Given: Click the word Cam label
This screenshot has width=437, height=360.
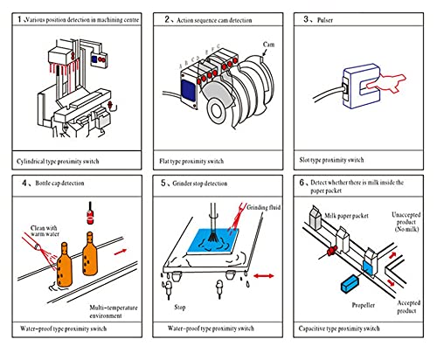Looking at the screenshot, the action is click(268, 45).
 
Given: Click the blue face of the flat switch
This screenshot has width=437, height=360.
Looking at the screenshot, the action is click(188, 90).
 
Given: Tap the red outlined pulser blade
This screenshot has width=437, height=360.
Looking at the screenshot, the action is click(386, 83).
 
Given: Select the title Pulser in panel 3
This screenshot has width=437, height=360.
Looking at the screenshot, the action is click(325, 20).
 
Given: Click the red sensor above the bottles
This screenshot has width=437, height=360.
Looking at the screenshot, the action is click(90, 214).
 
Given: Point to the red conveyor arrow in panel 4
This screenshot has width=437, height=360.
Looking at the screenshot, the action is click(121, 252).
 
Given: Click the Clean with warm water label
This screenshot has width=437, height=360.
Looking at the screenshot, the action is click(45, 231).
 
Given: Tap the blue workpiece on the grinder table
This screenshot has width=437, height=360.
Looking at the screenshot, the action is click(213, 240).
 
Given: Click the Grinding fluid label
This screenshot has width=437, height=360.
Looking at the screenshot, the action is click(264, 207).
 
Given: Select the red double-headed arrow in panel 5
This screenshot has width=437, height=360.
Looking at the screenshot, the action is click(263, 275).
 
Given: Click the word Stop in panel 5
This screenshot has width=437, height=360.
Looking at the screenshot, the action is click(180, 308).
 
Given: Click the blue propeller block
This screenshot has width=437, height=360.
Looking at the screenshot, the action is click(350, 284).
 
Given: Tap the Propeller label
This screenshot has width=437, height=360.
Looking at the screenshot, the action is click(364, 305).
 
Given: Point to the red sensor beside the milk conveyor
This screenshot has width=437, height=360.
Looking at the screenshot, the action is click(331, 251).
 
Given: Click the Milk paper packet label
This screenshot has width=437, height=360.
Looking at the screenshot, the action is click(346, 216).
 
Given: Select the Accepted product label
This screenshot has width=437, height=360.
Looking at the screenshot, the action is click(409, 307).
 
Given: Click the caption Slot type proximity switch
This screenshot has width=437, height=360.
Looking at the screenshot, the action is click(331, 160).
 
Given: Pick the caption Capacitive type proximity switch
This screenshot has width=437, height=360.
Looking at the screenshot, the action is click(339, 329).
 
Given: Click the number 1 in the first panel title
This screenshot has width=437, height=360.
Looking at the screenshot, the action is click(19, 19).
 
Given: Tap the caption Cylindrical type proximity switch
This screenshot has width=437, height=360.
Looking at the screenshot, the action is click(58, 162).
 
